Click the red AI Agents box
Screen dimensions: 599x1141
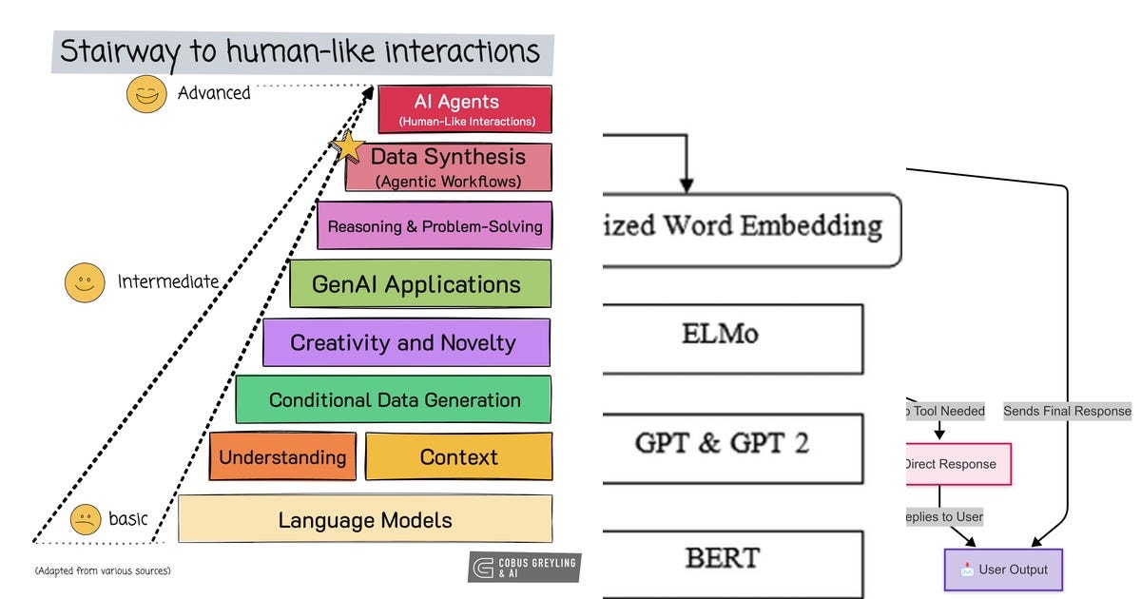click(464, 109)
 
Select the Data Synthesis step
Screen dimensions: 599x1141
click(448, 167)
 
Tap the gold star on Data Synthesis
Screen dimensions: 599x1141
click(348, 148)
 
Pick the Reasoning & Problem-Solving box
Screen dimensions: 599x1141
click(435, 226)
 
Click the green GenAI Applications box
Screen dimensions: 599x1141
click(419, 284)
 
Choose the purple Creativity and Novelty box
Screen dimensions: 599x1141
click(406, 343)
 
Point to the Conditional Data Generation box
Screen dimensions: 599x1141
click(394, 400)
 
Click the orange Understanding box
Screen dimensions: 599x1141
click(282, 457)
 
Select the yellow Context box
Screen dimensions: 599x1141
click(458, 457)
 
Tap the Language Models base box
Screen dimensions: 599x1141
click(365, 520)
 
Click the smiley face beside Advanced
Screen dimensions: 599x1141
click(145, 94)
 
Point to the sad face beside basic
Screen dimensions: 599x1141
click(86, 520)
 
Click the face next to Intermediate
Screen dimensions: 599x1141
click(85, 282)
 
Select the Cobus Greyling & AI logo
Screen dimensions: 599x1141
click(524, 567)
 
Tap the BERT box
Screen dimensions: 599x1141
click(733, 559)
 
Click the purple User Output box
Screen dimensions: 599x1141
click(1002, 570)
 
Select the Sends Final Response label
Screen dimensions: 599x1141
click(1067, 411)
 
